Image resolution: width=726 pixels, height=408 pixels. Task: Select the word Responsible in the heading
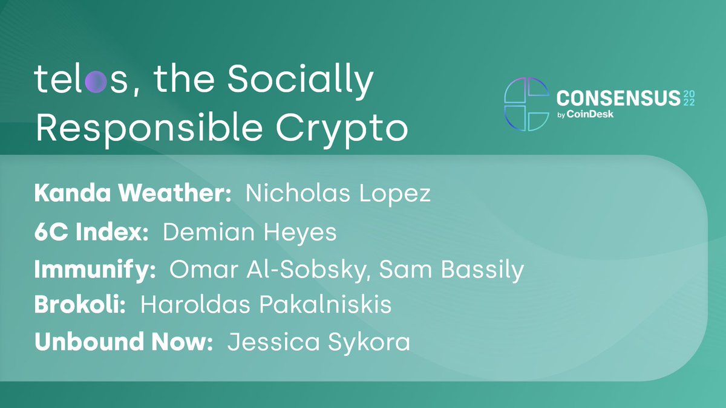149,128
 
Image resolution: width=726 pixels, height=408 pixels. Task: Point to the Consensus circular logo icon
527,104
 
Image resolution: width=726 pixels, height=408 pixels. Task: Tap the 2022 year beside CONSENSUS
689,99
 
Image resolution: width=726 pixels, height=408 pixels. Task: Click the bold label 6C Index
91,233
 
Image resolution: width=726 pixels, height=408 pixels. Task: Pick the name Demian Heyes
250,233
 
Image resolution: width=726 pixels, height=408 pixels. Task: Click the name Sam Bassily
451,270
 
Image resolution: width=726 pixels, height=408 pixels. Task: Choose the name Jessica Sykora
319,343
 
